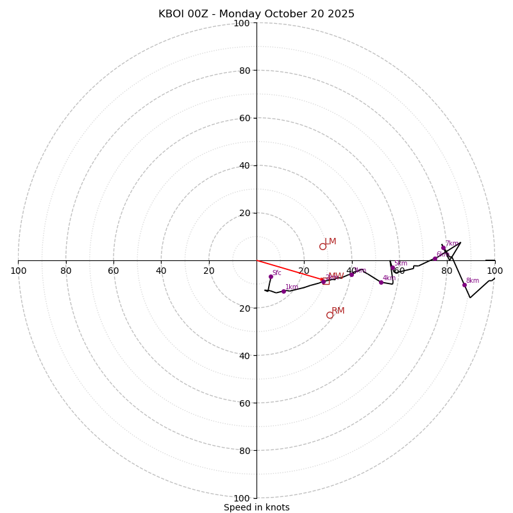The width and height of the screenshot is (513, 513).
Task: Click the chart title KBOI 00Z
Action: point(256,14)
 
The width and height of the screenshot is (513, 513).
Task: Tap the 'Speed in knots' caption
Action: point(256,507)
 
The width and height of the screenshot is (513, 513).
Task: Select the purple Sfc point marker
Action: point(271,276)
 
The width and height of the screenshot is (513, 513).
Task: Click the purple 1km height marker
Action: point(283,291)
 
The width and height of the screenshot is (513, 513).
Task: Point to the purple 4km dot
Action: point(381,282)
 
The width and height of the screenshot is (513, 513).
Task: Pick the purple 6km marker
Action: point(435,258)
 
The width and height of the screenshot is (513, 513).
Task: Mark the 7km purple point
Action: point(443,248)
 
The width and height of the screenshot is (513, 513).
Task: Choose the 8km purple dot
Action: point(464,285)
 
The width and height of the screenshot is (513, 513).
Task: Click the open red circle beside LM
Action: point(323,246)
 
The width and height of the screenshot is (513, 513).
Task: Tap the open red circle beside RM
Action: point(330,315)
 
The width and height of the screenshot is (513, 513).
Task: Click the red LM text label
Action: point(330,242)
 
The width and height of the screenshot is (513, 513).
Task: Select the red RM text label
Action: point(338,311)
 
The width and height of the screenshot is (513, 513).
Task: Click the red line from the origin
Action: point(289,270)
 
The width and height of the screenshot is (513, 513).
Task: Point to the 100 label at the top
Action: point(242,23)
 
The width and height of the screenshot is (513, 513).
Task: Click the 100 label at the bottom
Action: point(242,498)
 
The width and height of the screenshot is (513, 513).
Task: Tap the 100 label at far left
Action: point(18,271)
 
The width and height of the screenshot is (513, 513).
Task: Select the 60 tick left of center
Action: point(114,271)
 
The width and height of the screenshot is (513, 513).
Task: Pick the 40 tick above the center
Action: point(244,165)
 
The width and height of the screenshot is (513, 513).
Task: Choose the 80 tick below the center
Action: point(244,451)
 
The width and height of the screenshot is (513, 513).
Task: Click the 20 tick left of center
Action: point(209,271)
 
